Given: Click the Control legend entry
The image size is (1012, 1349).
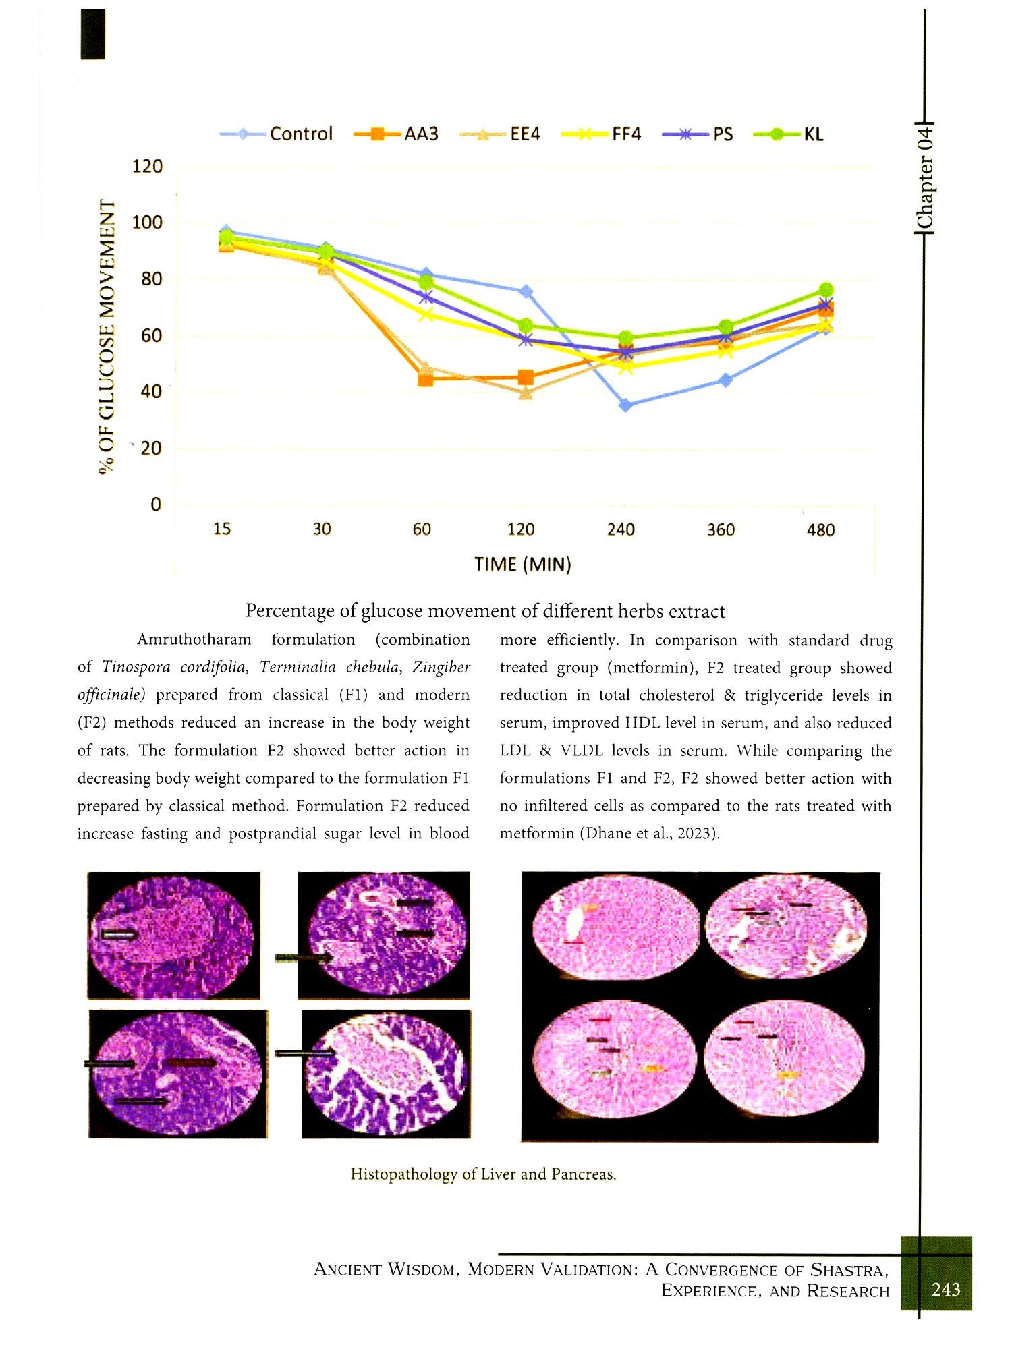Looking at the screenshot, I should coord(300,134).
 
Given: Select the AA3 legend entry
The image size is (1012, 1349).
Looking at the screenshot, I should coord(421,134).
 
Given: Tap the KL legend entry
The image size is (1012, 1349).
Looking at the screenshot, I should coord(813,134).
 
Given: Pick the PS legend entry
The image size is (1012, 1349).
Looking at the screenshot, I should coord(723,134).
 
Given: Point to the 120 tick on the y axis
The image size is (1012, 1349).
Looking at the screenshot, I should coord(147,166).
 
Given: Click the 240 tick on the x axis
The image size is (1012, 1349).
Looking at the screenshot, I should coord(621,529).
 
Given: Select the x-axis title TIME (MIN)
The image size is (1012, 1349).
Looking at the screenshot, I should coord(523,564).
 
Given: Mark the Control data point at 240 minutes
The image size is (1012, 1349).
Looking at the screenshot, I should coord(625,405).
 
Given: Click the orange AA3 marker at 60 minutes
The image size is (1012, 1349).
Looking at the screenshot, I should coord(426,378).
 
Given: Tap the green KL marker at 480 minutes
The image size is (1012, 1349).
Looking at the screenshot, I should coord(826,290).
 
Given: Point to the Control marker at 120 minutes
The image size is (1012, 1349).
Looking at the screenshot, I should coord(526,291).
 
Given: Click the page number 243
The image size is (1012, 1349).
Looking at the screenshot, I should coord(945,1290).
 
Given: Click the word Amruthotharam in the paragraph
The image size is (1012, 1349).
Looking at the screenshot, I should coord(194,639).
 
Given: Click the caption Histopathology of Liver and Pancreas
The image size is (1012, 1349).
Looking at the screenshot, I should coord(483,1174).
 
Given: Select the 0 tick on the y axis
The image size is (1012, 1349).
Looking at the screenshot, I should coord(156,505).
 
